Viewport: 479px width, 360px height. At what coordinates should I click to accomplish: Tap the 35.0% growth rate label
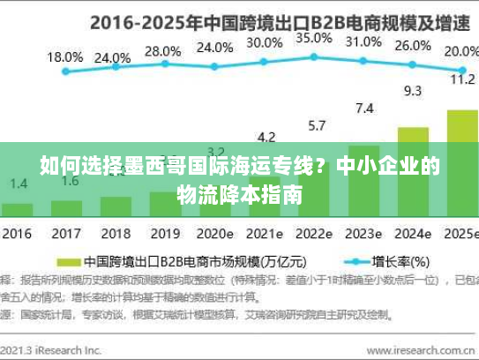click(x=314, y=39)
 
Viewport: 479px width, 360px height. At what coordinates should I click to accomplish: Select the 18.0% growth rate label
click(x=64, y=57)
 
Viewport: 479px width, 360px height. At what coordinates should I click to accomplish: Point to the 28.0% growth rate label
click(x=162, y=51)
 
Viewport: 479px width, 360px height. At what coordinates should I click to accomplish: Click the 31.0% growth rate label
click(x=363, y=41)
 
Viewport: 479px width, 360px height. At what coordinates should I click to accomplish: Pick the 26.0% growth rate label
click(x=412, y=46)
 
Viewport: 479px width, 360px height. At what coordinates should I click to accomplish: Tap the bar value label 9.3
click(x=412, y=91)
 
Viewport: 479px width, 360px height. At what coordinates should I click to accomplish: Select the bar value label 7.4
click(x=363, y=109)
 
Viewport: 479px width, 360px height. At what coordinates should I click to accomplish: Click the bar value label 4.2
click(x=266, y=137)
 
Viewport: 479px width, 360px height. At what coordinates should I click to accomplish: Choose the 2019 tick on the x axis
click(x=164, y=235)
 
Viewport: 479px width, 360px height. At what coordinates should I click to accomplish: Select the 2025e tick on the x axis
click(x=459, y=235)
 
